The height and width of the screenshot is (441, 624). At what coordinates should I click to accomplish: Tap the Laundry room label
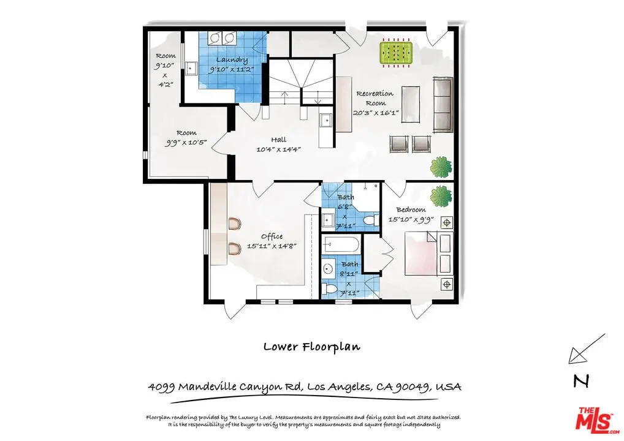point(232,60)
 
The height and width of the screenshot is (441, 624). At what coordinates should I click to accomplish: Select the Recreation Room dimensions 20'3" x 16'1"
point(375,113)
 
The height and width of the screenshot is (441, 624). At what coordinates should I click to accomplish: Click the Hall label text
point(278,140)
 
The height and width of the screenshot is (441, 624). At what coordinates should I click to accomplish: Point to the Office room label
point(272,236)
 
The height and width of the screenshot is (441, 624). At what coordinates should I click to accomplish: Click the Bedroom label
point(411,209)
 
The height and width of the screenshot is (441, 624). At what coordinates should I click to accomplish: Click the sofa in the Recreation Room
point(443,105)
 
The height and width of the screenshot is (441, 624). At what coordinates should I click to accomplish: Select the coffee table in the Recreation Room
point(410,104)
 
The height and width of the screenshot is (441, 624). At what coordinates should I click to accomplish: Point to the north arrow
point(587,349)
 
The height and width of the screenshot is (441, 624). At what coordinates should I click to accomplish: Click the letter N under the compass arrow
point(582,382)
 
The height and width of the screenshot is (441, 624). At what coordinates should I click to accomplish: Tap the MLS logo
point(597,420)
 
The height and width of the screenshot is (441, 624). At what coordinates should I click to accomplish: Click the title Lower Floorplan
point(312,346)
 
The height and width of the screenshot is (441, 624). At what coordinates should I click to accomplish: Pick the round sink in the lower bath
point(328,269)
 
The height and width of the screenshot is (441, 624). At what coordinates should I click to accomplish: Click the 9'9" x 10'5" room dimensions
point(186,142)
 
